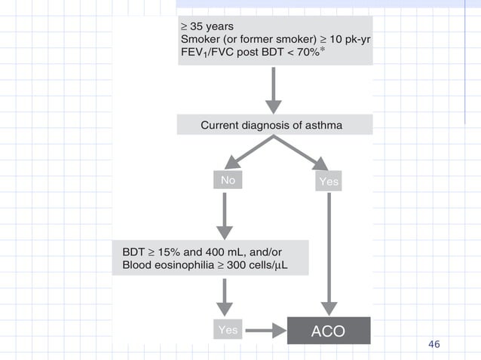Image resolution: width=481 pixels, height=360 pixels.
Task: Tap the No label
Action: tap(228, 181)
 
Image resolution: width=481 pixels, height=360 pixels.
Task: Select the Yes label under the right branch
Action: tap(329, 182)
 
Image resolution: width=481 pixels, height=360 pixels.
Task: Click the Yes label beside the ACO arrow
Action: tap(228, 330)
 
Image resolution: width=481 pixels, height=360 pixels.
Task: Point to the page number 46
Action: tap(434, 344)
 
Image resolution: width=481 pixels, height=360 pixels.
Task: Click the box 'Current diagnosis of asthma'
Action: tap(274, 124)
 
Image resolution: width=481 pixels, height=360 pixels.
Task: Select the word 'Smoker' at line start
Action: tap(199, 38)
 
